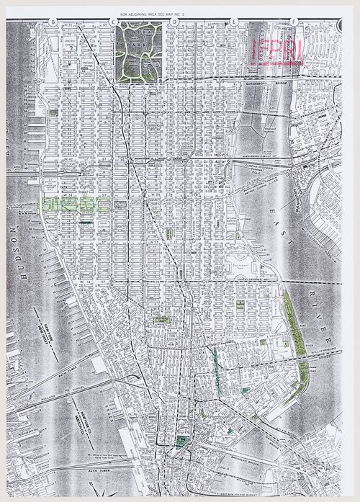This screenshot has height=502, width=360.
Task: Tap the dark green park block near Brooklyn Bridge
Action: (179, 441)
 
